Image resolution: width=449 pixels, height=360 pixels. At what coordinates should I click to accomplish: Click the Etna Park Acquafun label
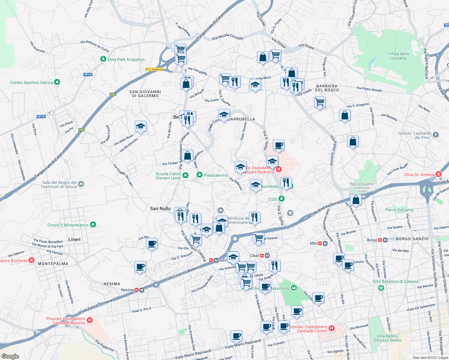point(126,59)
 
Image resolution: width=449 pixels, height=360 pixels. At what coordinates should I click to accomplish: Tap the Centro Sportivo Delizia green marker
point(57,82)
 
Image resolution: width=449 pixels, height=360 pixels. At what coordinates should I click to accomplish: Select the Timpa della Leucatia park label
point(398,56)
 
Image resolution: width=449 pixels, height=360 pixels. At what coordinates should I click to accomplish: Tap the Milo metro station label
point(314,243)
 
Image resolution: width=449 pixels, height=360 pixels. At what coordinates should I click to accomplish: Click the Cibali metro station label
point(255,256)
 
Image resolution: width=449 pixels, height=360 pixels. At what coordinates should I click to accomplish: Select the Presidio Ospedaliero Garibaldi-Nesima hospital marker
point(89,320)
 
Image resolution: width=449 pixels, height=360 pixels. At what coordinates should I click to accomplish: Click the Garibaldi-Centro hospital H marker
point(332,328)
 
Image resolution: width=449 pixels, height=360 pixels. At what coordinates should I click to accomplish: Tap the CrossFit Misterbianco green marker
point(93,224)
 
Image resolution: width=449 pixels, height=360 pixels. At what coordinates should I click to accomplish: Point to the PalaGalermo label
point(216,175)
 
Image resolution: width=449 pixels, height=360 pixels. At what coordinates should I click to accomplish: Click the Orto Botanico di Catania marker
point(381,288)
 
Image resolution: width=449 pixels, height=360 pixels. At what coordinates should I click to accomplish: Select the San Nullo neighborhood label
point(160,208)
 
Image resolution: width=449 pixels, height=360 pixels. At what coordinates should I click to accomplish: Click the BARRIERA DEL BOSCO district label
point(327,88)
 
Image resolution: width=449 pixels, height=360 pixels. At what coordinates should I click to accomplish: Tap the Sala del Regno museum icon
point(81,184)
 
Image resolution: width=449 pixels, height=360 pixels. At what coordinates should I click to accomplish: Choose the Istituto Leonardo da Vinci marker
point(436,135)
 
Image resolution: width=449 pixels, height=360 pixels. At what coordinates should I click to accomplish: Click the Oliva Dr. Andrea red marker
point(438,174)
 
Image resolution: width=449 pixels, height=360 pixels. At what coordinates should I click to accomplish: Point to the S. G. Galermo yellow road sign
point(154,69)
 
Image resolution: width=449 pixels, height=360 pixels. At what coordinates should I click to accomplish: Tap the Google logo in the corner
point(10,356)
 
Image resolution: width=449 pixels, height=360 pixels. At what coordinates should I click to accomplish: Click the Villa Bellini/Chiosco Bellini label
point(387,338)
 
